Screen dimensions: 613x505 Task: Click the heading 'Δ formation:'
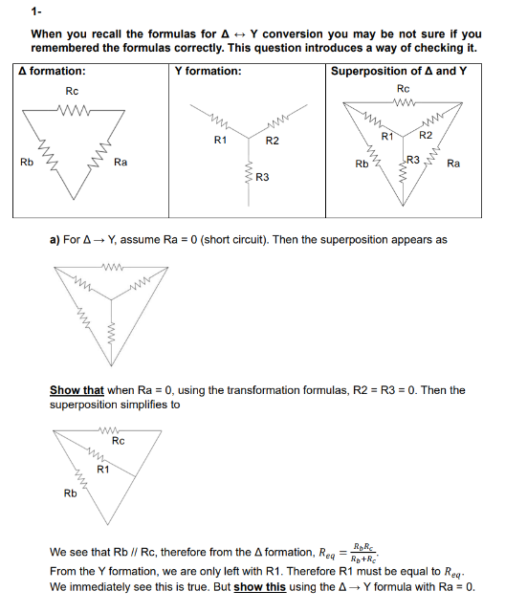(53, 72)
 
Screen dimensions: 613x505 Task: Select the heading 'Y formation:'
(208, 72)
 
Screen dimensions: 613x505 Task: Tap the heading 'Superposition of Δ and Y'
(399, 72)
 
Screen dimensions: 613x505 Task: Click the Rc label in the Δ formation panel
(72, 91)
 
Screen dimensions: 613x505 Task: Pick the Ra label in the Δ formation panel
(121, 163)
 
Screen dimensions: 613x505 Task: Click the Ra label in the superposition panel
(453, 164)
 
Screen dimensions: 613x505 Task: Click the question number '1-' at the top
(36, 11)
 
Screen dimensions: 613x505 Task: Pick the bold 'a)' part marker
(55, 240)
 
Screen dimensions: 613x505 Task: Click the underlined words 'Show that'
(77, 390)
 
